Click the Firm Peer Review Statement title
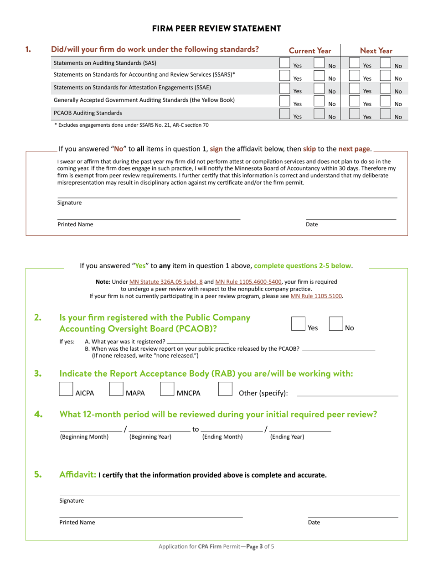point(216,29)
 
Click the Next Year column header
point(376,51)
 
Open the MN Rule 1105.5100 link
point(316,296)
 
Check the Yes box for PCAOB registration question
point(298,324)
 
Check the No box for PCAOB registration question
point(336,324)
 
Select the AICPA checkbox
point(67,389)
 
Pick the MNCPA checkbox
point(167,389)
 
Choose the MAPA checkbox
point(117,389)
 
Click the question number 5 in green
point(38,474)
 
